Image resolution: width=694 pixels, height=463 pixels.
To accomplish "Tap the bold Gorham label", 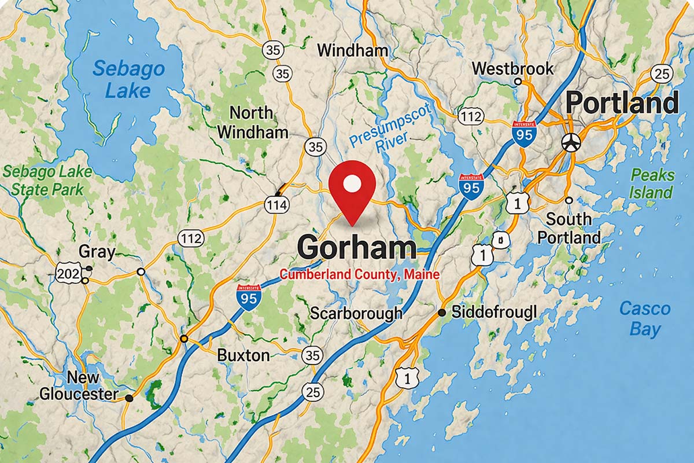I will (356, 248).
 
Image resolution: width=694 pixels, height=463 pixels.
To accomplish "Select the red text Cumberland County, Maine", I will (360, 275).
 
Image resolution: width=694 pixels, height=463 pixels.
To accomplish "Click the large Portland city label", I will (622, 104).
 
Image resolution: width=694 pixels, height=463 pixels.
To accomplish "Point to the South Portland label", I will (569, 228).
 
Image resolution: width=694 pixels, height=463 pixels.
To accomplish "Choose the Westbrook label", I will (512, 69).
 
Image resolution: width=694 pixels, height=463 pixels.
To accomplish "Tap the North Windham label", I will (252, 122).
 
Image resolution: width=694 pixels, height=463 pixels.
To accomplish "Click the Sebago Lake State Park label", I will (47, 180).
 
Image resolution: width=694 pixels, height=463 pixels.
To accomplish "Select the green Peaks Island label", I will (652, 183).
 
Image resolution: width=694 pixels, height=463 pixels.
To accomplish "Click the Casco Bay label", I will (645, 318).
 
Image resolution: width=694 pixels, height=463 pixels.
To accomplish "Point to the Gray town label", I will (97, 252).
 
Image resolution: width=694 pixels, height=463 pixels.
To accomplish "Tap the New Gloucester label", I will (78, 386).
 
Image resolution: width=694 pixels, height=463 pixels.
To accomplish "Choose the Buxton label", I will (243, 355).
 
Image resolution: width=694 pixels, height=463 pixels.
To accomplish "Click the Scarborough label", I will (356, 313).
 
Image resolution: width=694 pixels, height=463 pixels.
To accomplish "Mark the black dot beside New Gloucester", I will (129, 398).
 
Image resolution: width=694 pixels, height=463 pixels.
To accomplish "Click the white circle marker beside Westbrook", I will (518, 82).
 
